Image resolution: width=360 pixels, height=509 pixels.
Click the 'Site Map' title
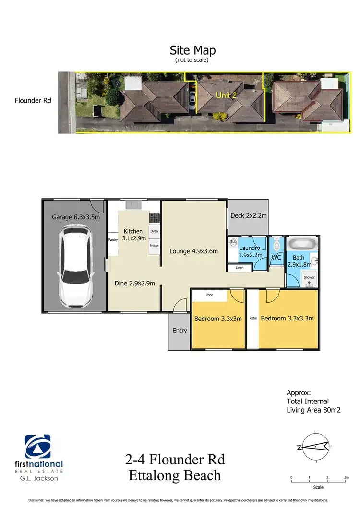pos(192,50)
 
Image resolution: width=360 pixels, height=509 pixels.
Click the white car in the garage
pos(75,269)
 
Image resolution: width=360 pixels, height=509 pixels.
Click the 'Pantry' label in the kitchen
pos(113,240)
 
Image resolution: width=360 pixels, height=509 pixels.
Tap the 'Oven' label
pos(154,231)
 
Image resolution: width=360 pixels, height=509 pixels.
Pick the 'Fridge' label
pos(154,246)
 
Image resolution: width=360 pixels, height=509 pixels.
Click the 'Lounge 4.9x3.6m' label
pos(193,251)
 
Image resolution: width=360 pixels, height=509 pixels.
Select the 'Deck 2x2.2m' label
pos(248,215)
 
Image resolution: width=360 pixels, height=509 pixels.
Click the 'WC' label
pos(276,258)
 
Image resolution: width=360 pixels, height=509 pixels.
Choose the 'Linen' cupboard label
pos(240,268)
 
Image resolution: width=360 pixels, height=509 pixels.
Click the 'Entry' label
pos(180,331)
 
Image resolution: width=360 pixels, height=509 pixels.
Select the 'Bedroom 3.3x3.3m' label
pos(287,318)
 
